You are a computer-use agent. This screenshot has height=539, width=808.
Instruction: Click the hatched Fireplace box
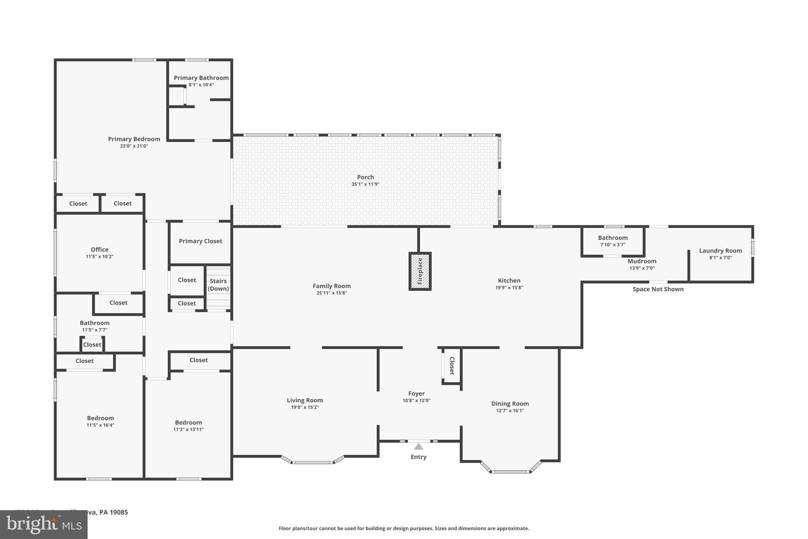tap(420, 271)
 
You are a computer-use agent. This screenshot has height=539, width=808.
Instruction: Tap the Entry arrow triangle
tap(419, 447)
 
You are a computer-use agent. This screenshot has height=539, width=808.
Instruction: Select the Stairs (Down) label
tap(218, 285)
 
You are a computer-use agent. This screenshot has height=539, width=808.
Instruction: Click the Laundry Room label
tap(720, 251)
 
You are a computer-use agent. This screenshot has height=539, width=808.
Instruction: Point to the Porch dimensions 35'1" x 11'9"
tap(365, 184)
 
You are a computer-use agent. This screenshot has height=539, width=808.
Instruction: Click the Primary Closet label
tap(200, 241)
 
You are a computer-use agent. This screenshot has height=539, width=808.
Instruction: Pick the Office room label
tap(99, 250)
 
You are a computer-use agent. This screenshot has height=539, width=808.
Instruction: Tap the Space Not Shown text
tap(658, 289)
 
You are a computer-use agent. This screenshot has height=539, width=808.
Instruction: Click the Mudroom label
tap(642, 261)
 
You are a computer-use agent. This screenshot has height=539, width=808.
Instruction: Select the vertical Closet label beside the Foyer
tap(452, 366)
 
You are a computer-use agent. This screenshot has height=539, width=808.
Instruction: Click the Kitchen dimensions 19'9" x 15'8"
tap(509, 288)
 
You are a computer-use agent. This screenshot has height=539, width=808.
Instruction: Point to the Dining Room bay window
tap(511, 471)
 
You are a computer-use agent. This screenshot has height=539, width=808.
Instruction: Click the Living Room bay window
tap(313, 462)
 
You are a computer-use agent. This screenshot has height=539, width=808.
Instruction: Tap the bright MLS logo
tap(44, 525)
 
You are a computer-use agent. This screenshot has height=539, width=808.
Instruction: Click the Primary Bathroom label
tap(201, 78)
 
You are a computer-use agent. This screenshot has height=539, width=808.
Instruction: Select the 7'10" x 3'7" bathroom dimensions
tap(613, 245)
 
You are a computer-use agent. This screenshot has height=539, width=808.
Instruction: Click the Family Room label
tap(331, 286)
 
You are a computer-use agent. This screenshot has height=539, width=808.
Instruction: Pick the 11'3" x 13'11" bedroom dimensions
tap(188, 430)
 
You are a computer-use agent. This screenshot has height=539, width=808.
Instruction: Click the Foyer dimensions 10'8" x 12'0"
tap(416, 401)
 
